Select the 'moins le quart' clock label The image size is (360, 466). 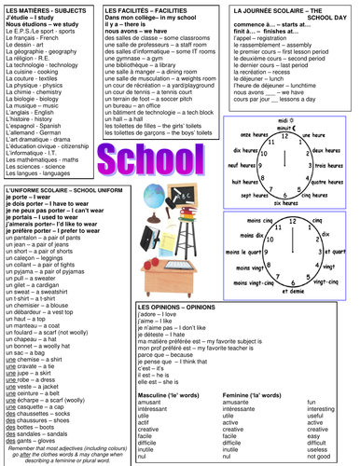tap(231, 247)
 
